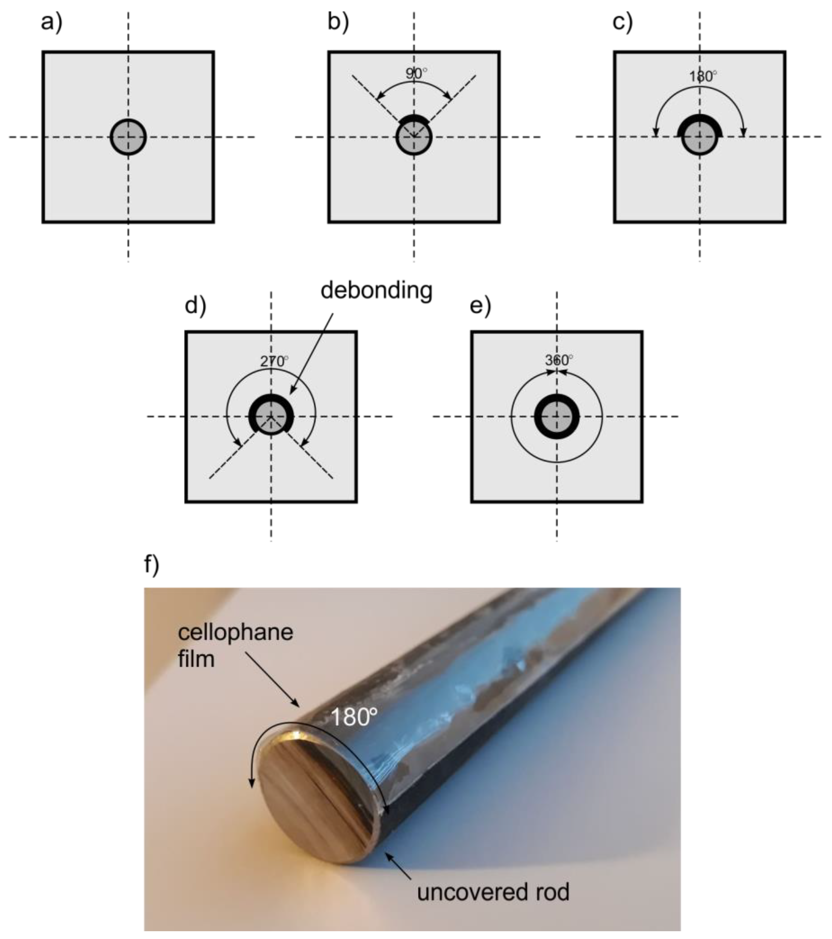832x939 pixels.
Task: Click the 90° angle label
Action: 416,73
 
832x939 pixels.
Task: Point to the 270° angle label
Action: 274,361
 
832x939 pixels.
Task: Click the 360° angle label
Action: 559,360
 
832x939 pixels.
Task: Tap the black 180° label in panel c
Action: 702,76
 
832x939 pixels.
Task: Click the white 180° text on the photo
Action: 353,717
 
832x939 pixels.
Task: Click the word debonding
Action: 377,290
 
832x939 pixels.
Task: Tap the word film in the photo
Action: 196,659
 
